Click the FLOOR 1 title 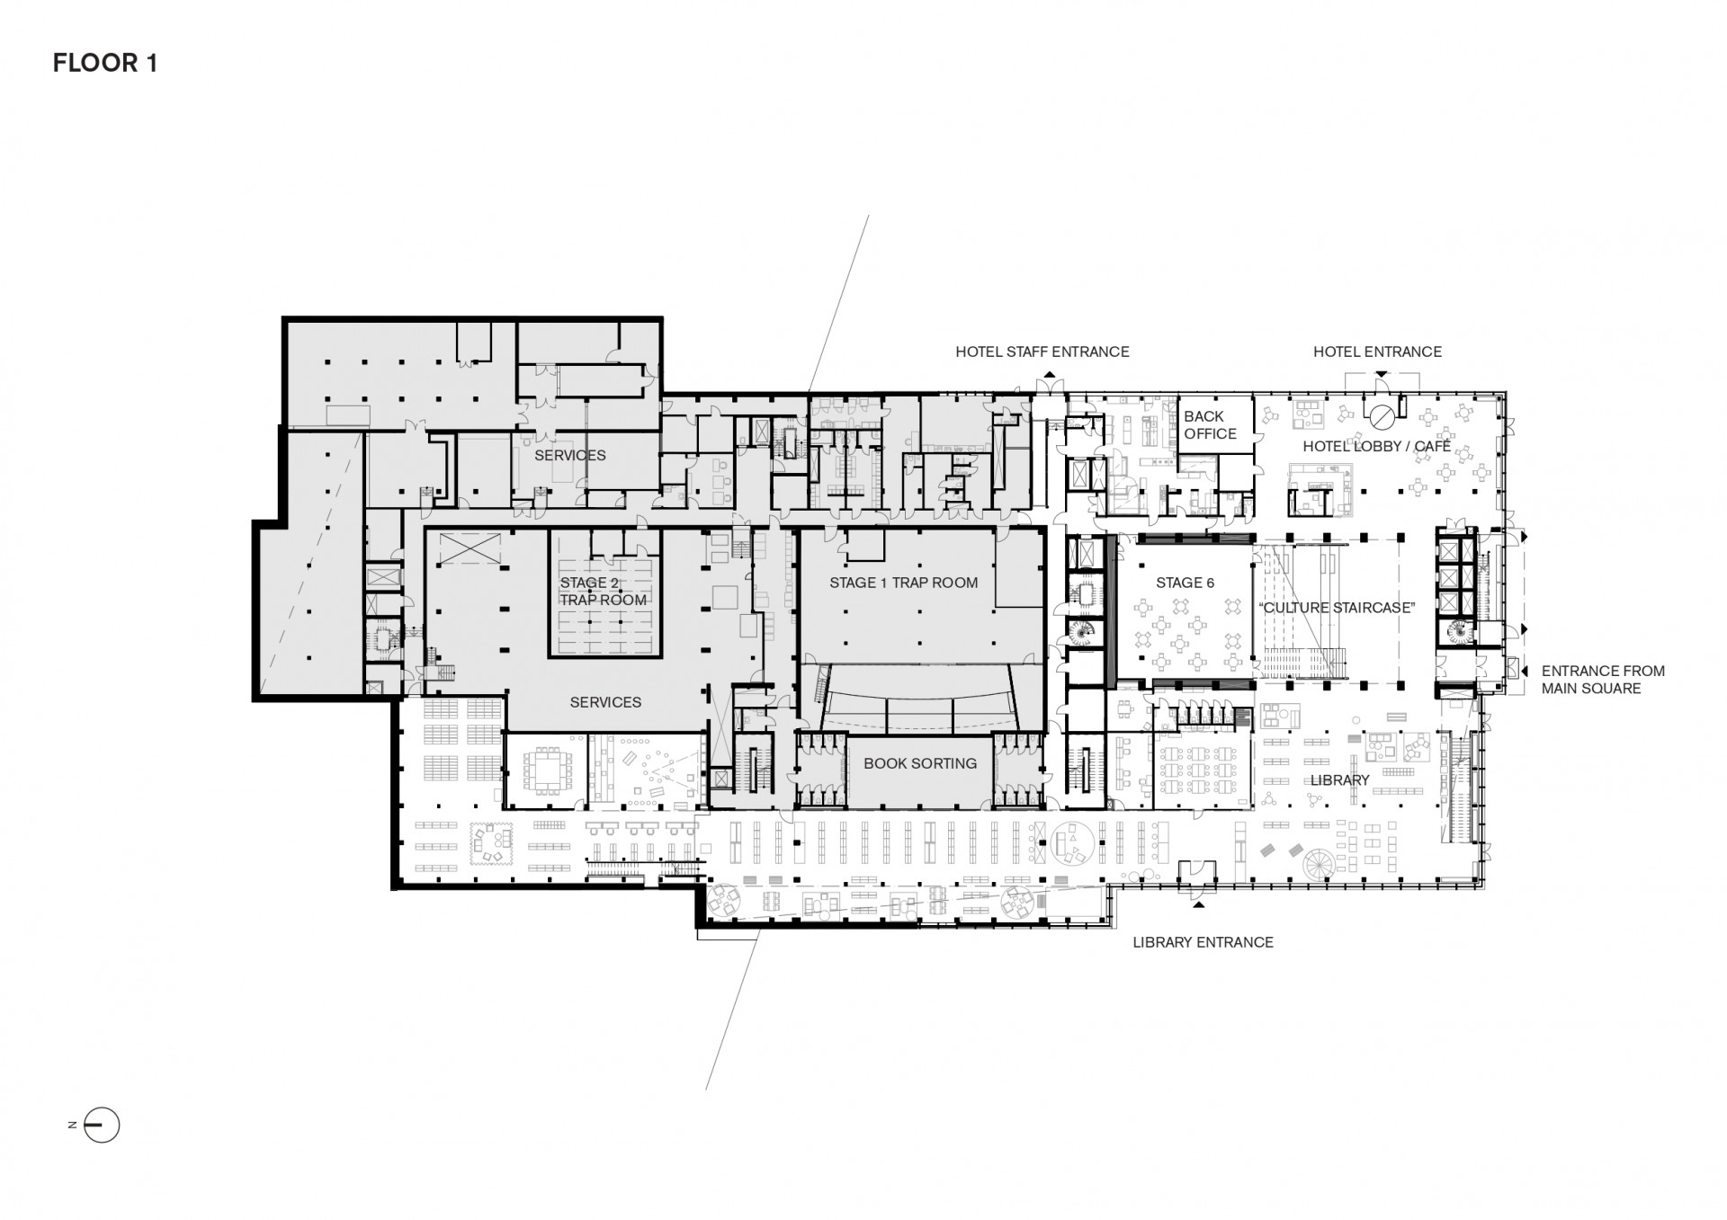click(x=105, y=63)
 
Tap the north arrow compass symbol click(x=101, y=1125)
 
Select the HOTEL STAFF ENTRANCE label click(x=1042, y=352)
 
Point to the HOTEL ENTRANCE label click(x=1377, y=352)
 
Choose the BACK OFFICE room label click(x=1210, y=424)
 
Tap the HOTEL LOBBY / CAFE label click(x=1376, y=446)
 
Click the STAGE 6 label click(x=1185, y=583)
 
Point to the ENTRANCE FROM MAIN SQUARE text click(x=1603, y=680)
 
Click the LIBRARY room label click(x=1339, y=779)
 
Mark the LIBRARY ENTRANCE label click(x=1203, y=942)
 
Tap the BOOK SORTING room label click(x=920, y=763)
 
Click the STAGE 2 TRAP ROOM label click(x=603, y=591)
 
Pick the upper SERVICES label click(x=570, y=455)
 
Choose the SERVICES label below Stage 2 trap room click(x=605, y=702)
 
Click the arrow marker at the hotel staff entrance click(x=1048, y=376)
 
